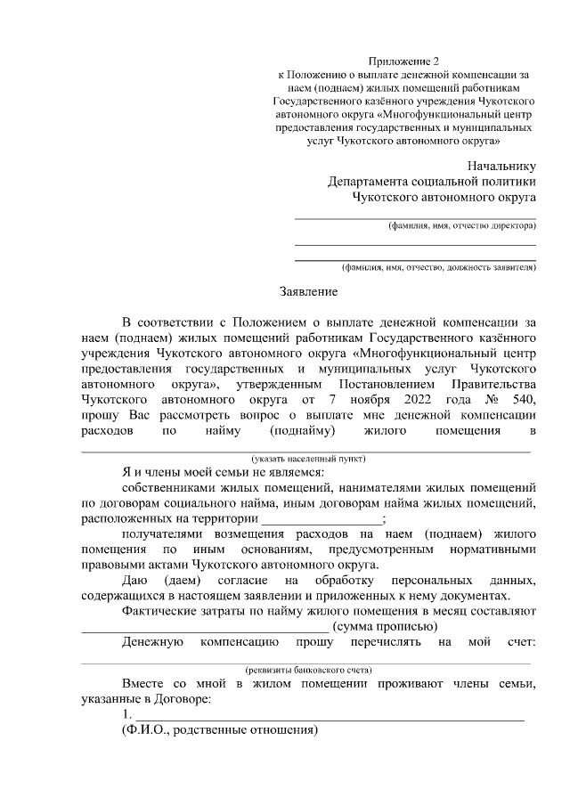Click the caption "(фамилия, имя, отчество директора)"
click(x=460, y=226)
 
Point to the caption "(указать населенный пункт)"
click(x=308, y=459)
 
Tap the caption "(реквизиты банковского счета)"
click(x=308, y=669)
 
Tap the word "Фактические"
click(x=161, y=610)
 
